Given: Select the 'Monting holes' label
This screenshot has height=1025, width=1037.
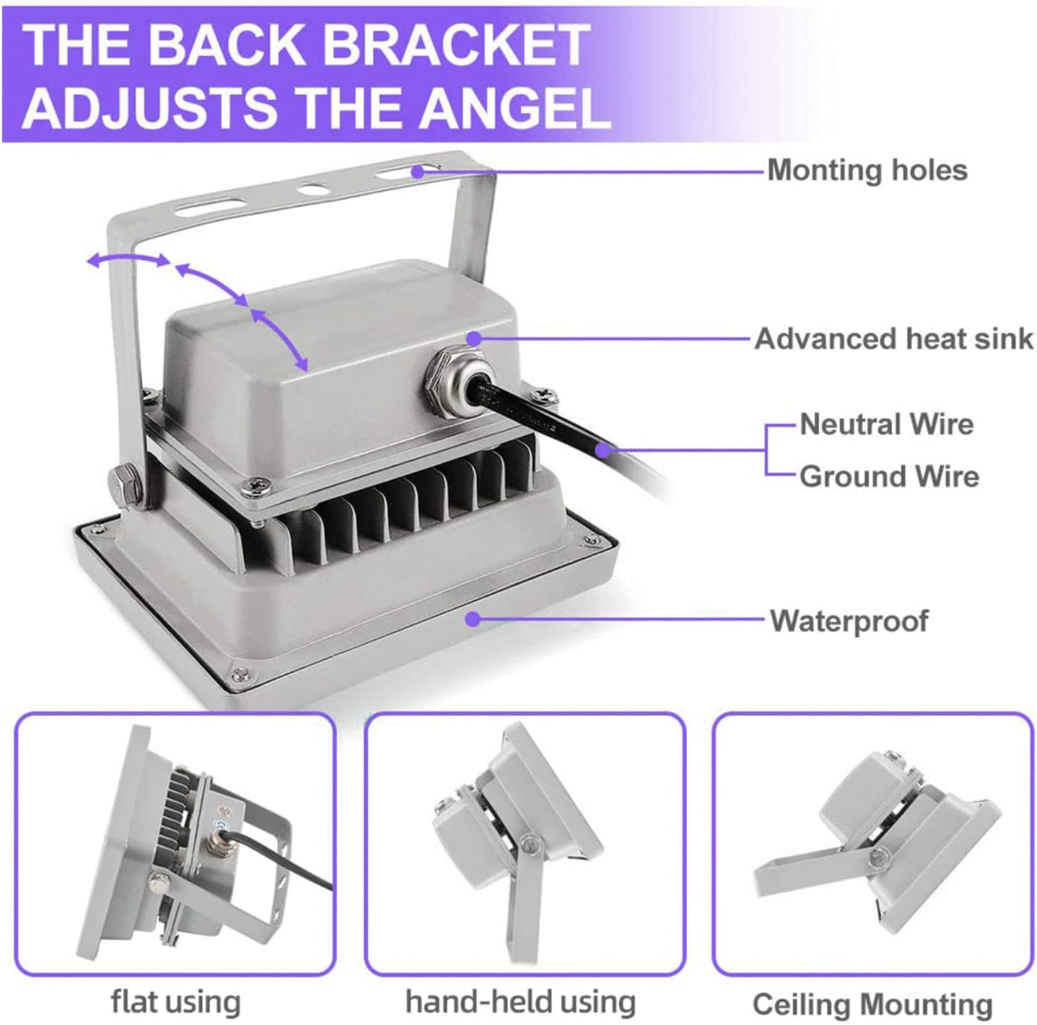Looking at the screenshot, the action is click(x=867, y=170).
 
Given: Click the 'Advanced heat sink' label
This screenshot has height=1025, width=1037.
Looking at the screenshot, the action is click(x=894, y=340).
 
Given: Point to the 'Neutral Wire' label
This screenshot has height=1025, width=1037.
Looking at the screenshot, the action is click(x=887, y=425).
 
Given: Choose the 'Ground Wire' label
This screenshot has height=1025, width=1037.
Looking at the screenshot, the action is click(x=889, y=477).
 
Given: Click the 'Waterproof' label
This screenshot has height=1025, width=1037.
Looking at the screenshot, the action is click(x=849, y=621).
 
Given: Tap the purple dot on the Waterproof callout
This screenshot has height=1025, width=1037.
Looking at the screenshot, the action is click(x=473, y=619).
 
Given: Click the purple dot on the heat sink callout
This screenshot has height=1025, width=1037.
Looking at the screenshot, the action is click(x=473, y=339).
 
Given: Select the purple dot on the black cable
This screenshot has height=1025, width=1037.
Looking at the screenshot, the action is click(x=604, y=449).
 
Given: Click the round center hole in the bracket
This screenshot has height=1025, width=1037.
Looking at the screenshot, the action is click(x=314, y=190).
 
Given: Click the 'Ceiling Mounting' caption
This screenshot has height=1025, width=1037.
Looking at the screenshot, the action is click(x=872, y=990).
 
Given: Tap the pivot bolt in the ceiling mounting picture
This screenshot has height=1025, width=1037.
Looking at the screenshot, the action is click(x=880, y=869).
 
